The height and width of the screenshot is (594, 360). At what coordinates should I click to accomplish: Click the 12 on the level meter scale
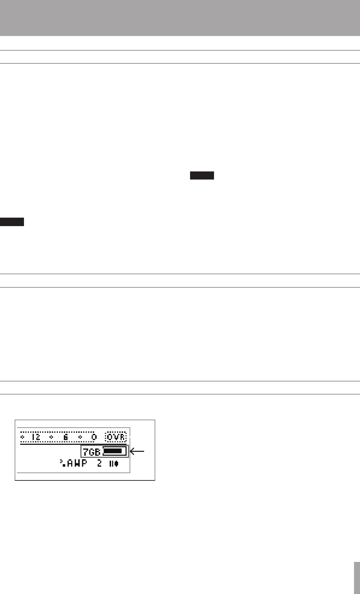pyautogui.click(x=36, y=437)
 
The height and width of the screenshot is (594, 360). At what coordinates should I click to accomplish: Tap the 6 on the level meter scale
pyautogui.click(x=66, y=437)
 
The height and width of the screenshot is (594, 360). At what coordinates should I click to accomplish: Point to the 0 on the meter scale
pyautogui.click(x=94, y=437)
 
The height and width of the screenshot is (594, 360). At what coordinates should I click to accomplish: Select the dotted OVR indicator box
pyautogui.click(x=116, y=437)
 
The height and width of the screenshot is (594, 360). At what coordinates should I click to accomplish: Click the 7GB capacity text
pyautogui.click(x=91, y=452)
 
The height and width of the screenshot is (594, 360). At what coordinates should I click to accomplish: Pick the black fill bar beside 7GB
pyautogui.click(x=112, y=451)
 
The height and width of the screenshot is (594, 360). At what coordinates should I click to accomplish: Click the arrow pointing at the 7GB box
pyautogui.click(x=137, y=451)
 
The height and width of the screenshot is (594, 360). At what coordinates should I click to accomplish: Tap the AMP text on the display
pyautogui.click(x=77, y=463)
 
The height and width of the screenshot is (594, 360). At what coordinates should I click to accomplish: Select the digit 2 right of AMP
pyautogui.click(x=99, y=463)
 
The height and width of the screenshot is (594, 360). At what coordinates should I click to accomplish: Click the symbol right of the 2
pyautogui.click(x=114, y=463)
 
